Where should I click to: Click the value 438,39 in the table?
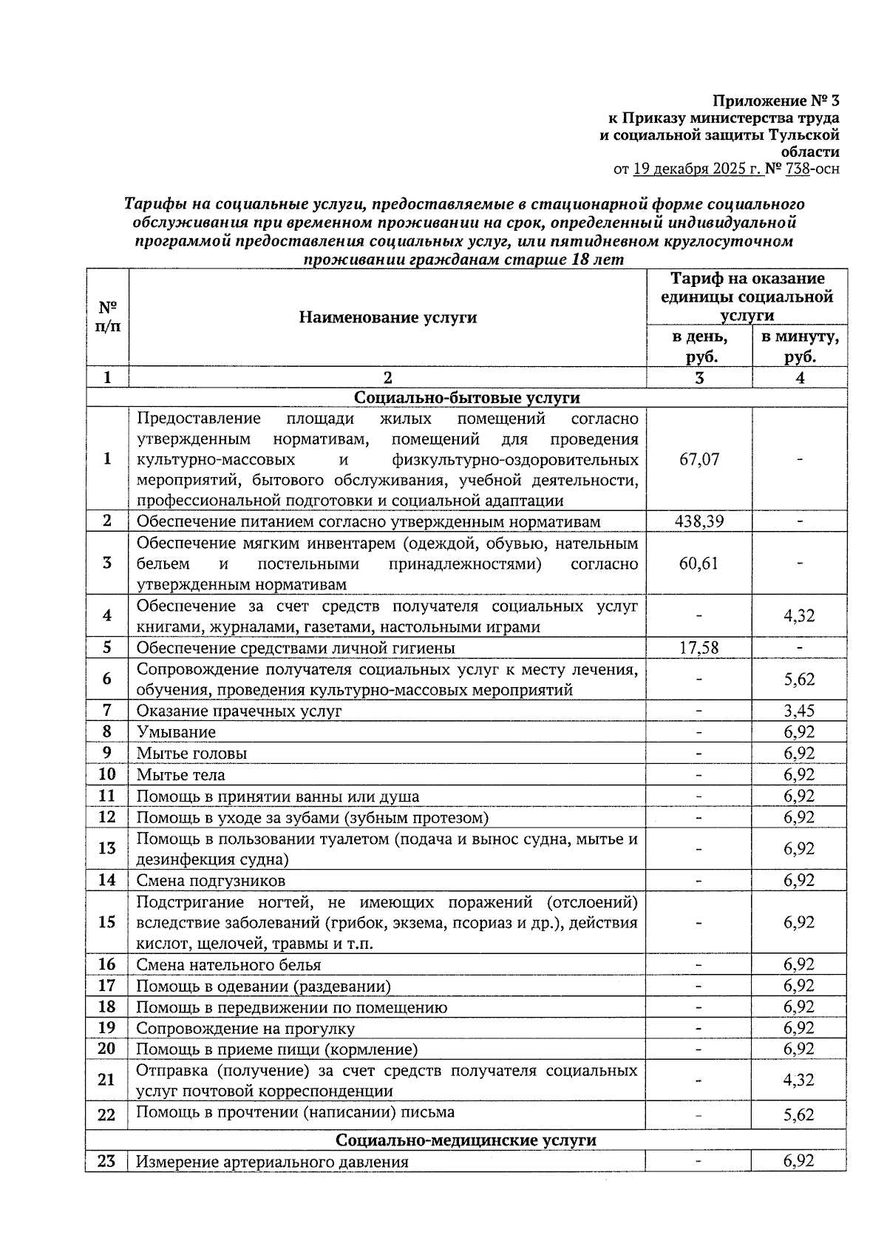coord(699,521)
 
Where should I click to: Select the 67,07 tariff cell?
coord(699,459)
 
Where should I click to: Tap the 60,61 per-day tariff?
coord(699,564)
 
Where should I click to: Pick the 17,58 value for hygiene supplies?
coord(699,648)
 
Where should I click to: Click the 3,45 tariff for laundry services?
coord(799,711)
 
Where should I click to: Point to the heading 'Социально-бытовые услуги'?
coord(466,398)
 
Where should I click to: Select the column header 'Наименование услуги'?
coord(387,317)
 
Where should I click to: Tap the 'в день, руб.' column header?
coord(699,347)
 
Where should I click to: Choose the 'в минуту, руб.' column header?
coord(800,347)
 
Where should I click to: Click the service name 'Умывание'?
coord(177,732)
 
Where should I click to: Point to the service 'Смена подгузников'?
coord(211,881)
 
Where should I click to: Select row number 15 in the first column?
coord(107,922)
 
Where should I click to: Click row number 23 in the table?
coord(107,1161)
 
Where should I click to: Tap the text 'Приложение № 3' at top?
coord(776,100)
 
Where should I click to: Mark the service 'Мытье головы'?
coord(191,754)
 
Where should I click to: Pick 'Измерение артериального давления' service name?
coord(272,1162)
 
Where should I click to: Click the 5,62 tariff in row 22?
coord(799,1114)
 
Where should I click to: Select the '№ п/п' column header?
coord(108,317)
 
